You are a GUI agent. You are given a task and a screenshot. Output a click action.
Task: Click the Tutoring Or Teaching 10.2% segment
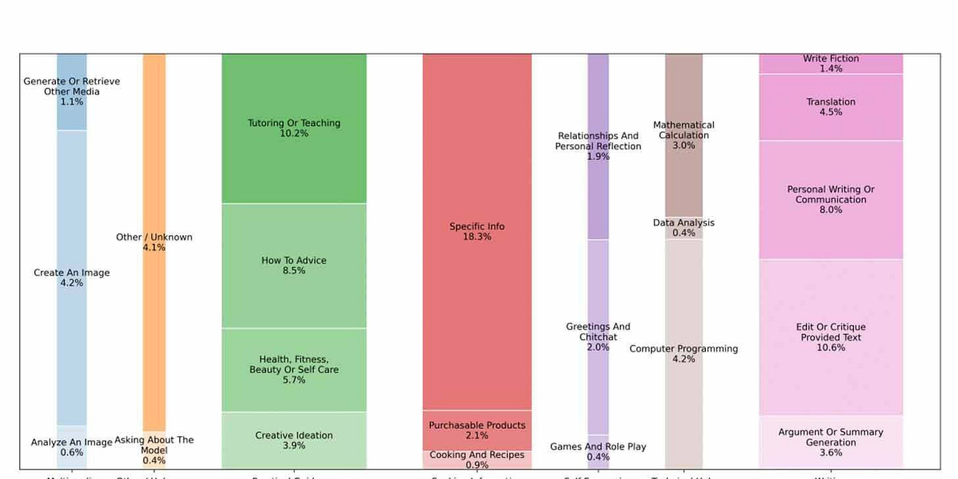pos(294,128)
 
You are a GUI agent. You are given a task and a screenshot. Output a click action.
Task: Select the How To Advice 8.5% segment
pos(294,265)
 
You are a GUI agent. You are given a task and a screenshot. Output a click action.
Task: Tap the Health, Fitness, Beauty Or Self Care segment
pos(294,370)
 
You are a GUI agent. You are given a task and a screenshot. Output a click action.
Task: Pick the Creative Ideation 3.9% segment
pos(294,440)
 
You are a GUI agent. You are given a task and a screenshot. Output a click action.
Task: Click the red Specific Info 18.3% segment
pos(477,231)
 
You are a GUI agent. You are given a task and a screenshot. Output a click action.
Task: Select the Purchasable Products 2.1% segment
pos(477,430)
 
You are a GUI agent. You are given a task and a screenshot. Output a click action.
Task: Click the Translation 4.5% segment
pos(831,107)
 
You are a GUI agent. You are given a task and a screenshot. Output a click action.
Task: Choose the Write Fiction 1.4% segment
pos(831,63)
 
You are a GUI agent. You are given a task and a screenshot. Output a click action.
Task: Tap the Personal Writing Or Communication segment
pos(831,200)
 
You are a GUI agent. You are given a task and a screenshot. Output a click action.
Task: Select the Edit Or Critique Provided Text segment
pos(831,337)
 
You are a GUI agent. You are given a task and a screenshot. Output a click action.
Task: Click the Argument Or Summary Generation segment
pos(831,442)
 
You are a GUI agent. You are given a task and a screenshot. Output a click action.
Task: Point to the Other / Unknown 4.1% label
pos(154,242)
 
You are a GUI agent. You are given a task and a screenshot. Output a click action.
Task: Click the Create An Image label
pos(71,277)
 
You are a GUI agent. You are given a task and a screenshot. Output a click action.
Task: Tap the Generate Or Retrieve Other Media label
pos(71,91)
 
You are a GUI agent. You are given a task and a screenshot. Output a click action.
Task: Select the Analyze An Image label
pos(71,447)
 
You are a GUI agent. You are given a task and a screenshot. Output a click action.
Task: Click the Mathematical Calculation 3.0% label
pos(684,135)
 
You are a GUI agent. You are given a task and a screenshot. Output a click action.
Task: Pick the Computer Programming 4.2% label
pos(684,354)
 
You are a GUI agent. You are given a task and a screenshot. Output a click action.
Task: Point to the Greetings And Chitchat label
pos(598,337)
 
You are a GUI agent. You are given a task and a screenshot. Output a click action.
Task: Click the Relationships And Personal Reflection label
pos(598,146)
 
